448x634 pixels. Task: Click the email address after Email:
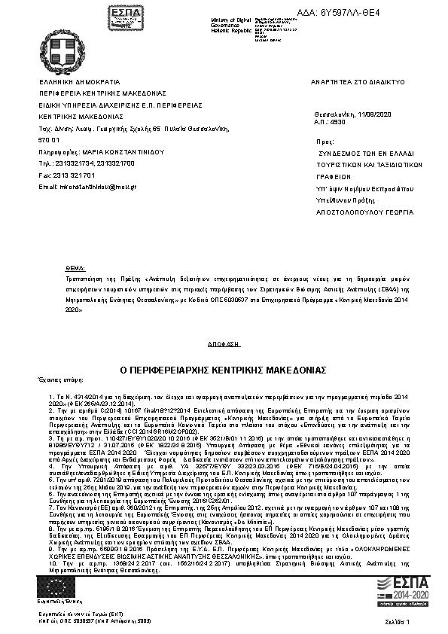click(92, 186)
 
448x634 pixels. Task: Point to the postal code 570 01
click(49, 140)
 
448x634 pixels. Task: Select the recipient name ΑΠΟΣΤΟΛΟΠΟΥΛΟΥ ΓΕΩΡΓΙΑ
click(359, 212)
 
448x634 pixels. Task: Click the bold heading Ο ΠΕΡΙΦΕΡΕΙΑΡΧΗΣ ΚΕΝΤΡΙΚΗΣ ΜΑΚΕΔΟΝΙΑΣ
click(223, 370)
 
